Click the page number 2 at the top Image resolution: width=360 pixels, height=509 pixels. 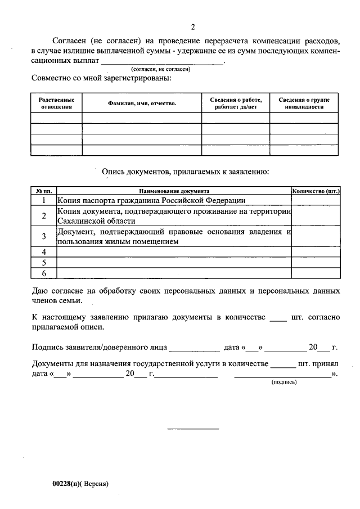pos(193,26)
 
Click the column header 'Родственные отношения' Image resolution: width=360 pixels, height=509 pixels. pos(56,103)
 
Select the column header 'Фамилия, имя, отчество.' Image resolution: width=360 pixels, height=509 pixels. pos(142,103)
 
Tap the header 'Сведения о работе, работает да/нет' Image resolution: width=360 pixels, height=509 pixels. pos(236,103)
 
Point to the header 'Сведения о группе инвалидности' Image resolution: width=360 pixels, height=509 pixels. pos(304,103)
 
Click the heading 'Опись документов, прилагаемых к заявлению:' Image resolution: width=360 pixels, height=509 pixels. pos(185,171)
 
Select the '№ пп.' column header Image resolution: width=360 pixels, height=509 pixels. pos(44,191)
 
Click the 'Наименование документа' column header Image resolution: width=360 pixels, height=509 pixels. pos(174,191)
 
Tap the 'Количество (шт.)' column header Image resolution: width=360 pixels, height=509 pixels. pos(316,191)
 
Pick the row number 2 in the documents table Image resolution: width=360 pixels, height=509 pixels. pos(44,216)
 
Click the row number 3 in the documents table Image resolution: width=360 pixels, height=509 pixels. pos(44,236)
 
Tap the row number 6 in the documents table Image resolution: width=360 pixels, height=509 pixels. pos(44,273)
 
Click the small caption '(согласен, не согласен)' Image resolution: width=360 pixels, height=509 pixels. pos(160,69)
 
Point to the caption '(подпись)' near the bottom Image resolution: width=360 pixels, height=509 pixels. pos(284,382)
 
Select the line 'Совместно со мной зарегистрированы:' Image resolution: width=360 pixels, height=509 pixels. pos(102,78)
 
